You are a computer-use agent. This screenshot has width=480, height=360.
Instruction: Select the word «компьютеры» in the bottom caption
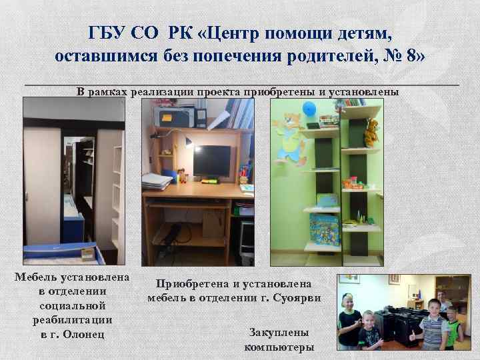pos(279,347)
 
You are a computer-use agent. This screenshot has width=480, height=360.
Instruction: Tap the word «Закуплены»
pos(279,332)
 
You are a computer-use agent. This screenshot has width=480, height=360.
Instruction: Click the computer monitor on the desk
pos(212,160)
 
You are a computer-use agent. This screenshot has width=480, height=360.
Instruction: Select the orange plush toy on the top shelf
pos(370,131)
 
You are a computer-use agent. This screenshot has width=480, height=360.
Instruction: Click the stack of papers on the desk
pos(157,181)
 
